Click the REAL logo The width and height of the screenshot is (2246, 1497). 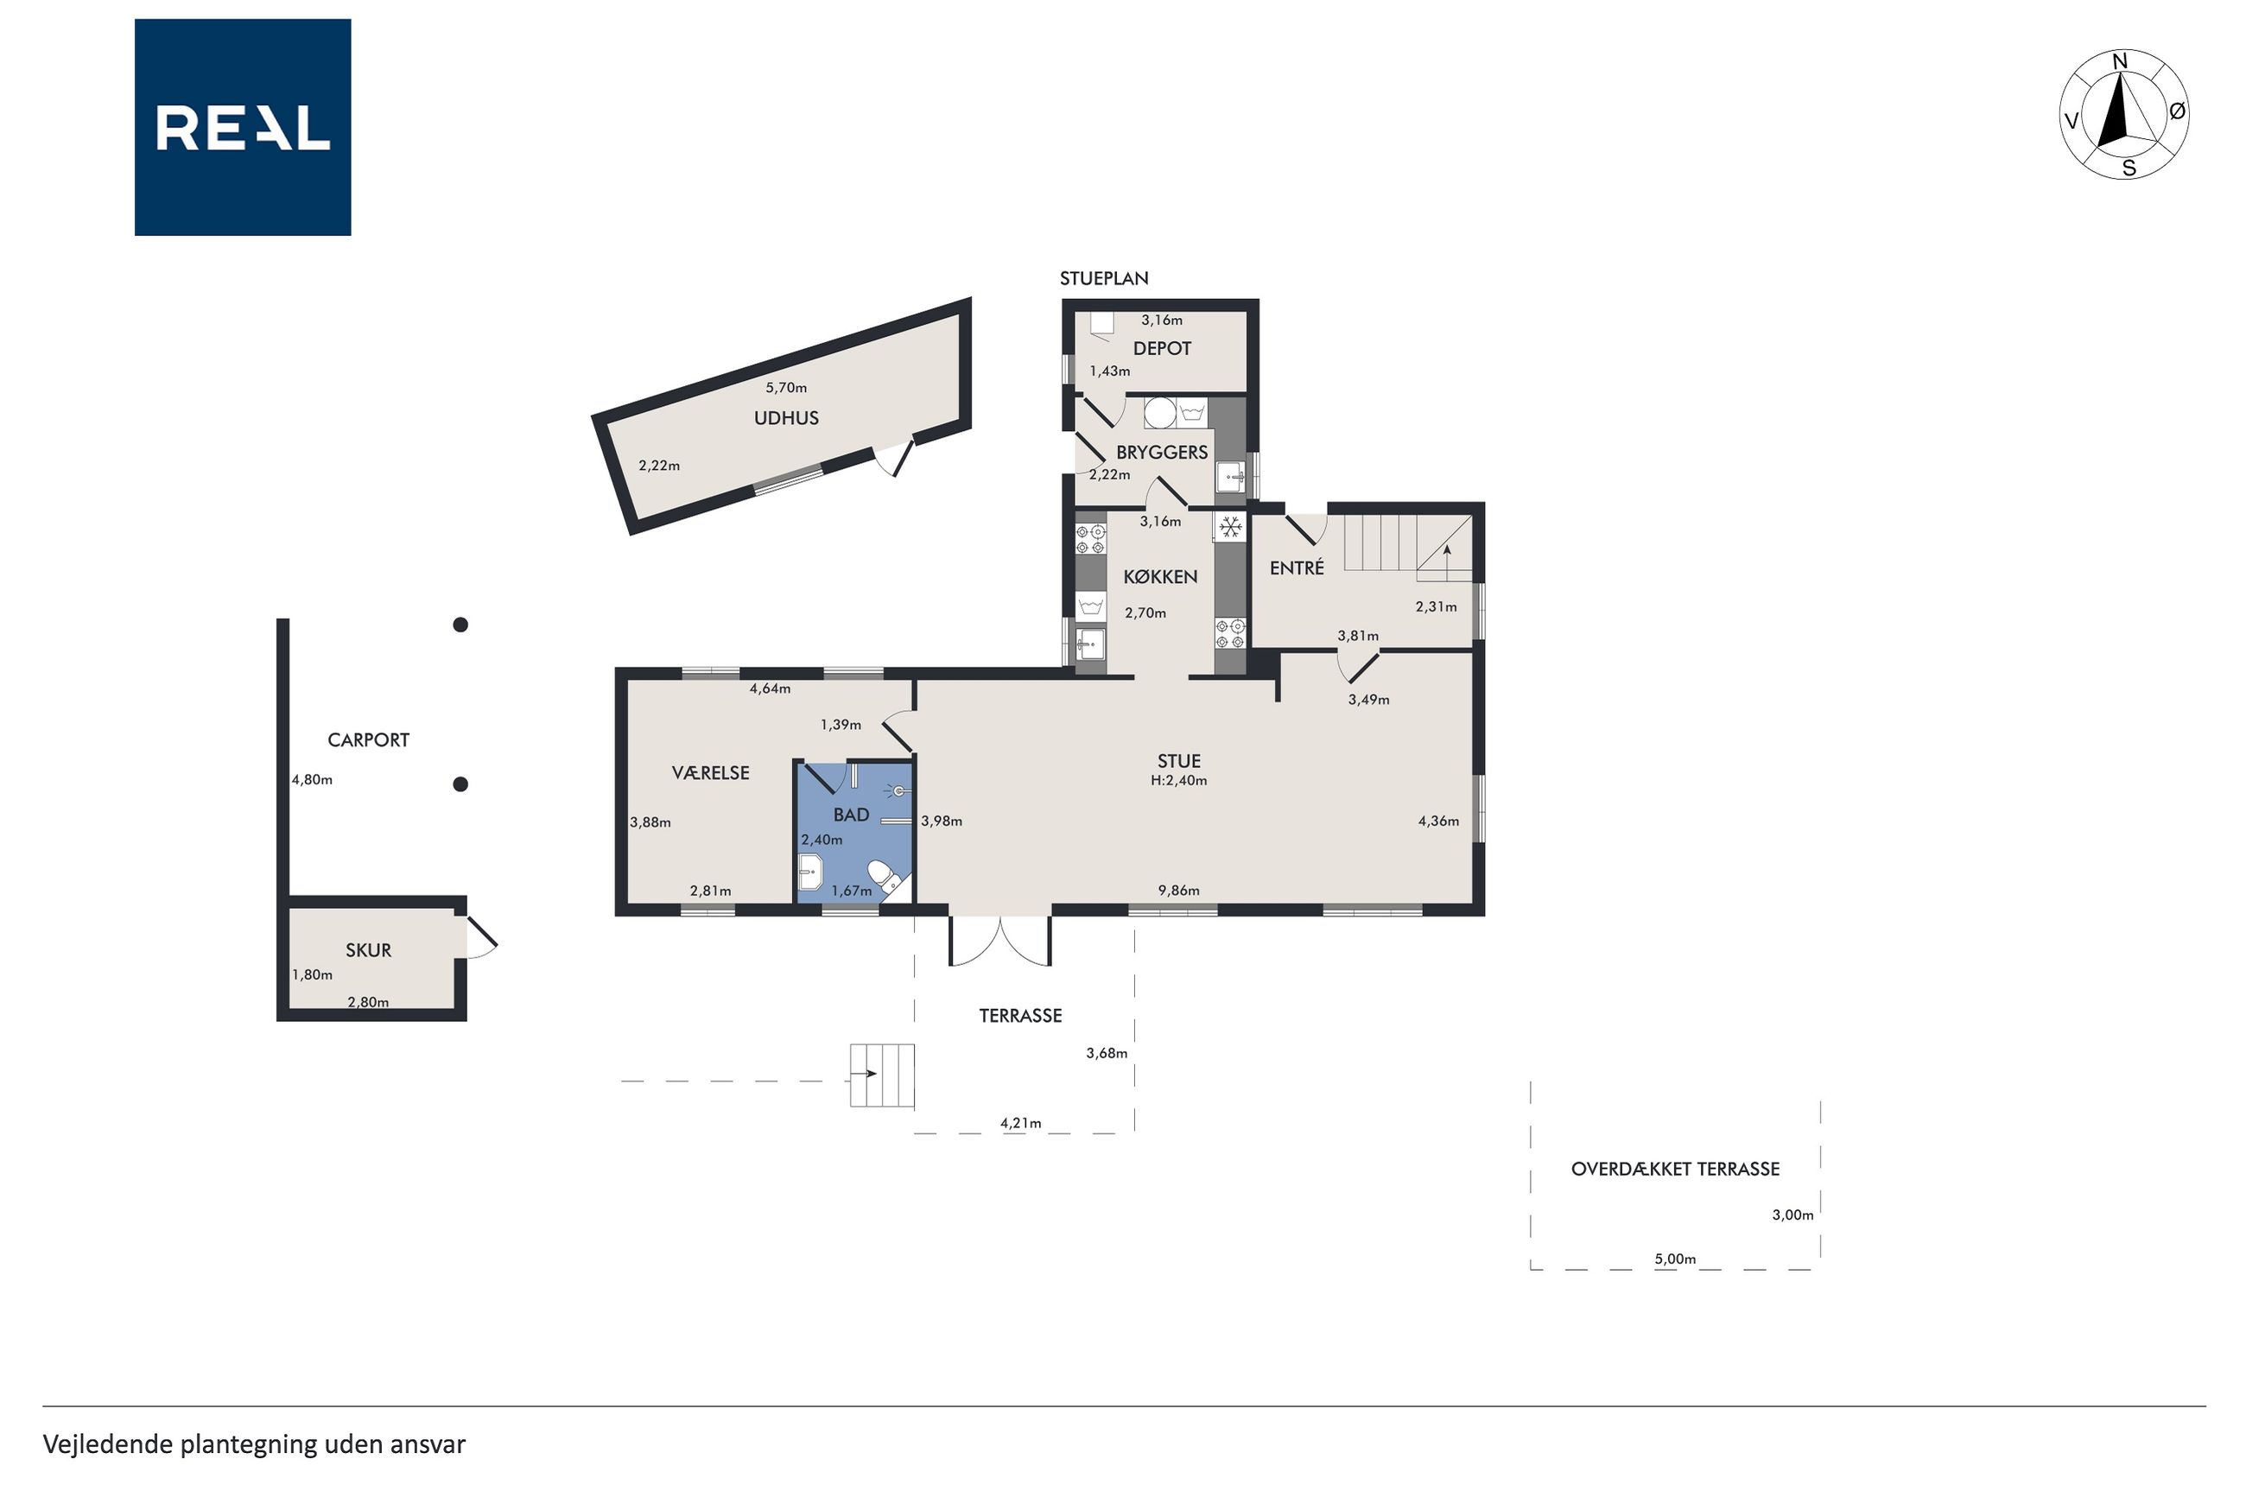coord(243,127)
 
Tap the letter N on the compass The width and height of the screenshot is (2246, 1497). coord(2120,62)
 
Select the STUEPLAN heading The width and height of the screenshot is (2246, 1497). coord(1103,279)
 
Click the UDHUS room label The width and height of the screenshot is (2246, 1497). coord(785,418)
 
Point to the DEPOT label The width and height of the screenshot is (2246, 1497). coord(1162,348)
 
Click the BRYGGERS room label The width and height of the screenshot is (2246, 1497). coord(1162,453)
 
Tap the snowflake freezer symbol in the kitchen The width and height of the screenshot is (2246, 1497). coord(1230,526)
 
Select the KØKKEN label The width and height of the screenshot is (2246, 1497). coord(1160,577)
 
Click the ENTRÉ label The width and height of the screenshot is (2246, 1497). coord(1297,568)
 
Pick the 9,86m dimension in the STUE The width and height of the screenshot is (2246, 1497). coord(1179,891)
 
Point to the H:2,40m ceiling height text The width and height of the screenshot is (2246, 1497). coord(1179,781)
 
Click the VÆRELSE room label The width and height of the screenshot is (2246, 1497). coord(710,773)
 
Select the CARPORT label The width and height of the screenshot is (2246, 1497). coord(369,740)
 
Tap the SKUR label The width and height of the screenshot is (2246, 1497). coord(369,950)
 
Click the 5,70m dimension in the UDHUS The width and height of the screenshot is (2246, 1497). coord(785,388)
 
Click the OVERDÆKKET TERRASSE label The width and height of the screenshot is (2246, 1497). coord(1675,1169)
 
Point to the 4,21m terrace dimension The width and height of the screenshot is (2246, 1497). coord(1020,1123)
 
